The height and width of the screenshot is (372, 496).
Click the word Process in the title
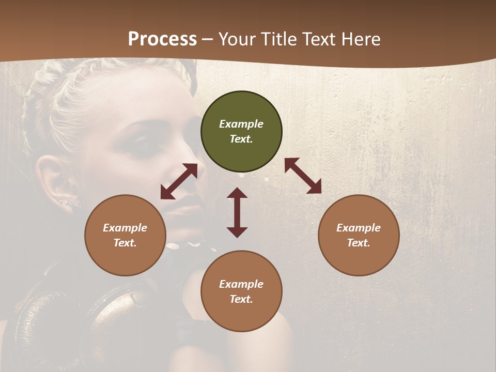tap(162, 39)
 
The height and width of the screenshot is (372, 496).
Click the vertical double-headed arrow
tap(237, 212)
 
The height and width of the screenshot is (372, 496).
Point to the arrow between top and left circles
tap(179, 181)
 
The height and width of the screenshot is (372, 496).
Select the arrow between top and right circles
tap(303, 176)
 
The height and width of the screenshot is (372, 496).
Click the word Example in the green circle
tap(241, 124)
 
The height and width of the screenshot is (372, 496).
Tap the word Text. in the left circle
tap(125, 243)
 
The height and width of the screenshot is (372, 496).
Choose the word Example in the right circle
tap(359, 228)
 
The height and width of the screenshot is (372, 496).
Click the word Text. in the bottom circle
tap(241, 300)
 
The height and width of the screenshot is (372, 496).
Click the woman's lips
tap(186, 209)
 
